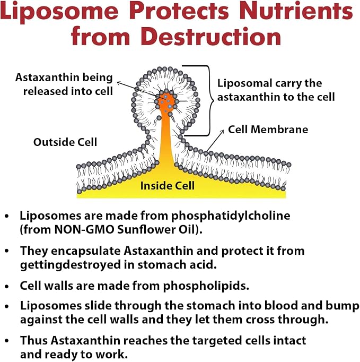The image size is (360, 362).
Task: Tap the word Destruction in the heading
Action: point(211,37)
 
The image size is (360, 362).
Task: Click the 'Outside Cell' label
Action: point(65,142)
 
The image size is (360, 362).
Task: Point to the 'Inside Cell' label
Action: point(168,186)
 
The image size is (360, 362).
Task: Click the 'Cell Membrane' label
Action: point(268,130)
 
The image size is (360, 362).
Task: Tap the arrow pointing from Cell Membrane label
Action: point(215,141)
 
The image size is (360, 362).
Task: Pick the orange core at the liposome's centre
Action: point(166,101)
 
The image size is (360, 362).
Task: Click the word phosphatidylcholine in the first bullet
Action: point(231,216)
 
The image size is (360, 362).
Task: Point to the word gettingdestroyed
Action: point(71,265)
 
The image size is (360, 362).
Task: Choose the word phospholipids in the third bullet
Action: point(206,286)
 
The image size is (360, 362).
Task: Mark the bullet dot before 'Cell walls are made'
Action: point(7,287)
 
